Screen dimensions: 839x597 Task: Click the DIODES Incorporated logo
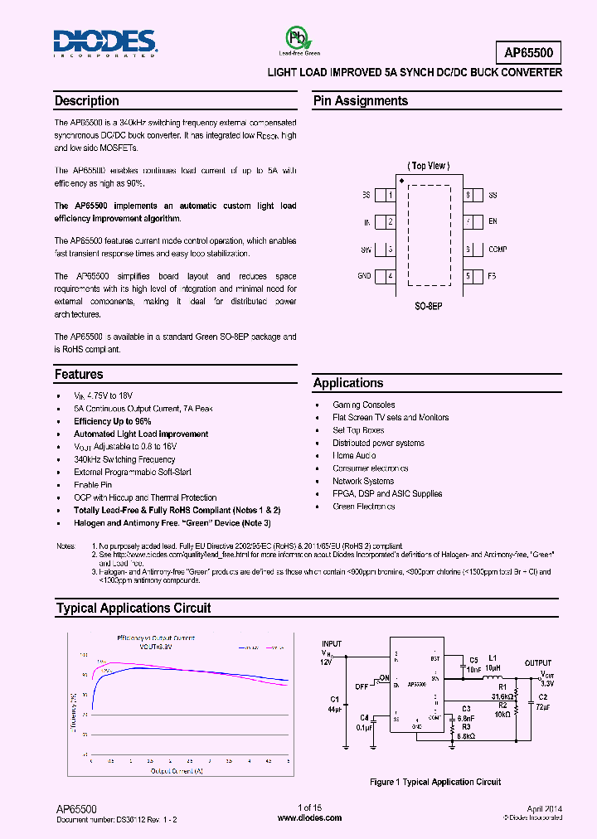tap(105, 41)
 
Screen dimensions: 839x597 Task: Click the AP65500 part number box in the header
tap(532, 53)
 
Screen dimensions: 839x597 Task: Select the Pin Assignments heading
tap(360, 101)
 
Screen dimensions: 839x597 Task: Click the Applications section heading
tap(348, 383)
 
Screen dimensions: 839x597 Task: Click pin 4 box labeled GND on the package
tap(390, 276)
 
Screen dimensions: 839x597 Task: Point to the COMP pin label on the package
tap(498, 250)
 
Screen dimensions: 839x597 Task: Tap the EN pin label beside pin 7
tap(493, 222)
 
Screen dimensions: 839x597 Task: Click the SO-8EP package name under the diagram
tap(430, 305)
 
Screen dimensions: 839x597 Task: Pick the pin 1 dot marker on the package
tap(402, 180)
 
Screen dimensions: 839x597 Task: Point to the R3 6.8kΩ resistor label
tap(466, 730)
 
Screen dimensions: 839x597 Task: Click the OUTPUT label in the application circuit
tap(537, 662)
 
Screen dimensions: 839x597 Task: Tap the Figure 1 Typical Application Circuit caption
tap(434, 782)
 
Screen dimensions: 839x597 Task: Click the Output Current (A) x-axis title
tap(177, 771)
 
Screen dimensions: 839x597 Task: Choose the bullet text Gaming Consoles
tap(364, 405)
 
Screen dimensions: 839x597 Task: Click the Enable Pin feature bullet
tap(93, 485)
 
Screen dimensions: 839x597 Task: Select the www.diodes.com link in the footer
tap(309, 817)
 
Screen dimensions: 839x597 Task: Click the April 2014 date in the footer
tap(544, 807)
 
